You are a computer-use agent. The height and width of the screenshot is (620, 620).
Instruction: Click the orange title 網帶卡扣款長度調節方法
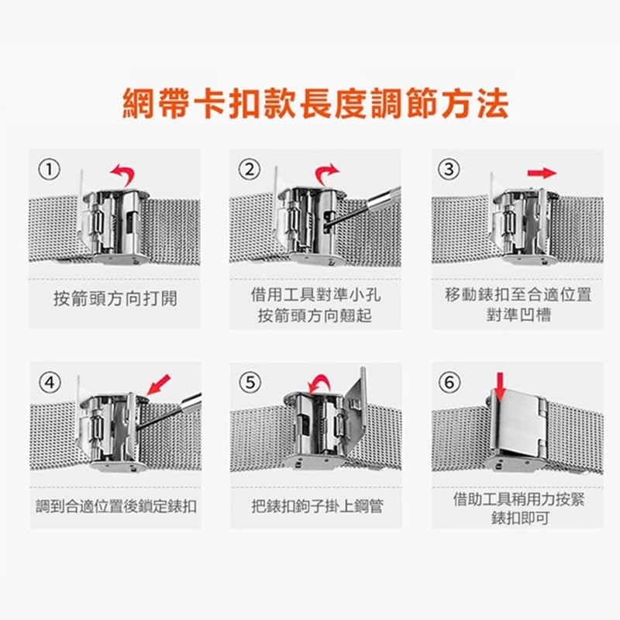[315, 104]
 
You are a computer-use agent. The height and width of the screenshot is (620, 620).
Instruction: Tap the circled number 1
[49, 170]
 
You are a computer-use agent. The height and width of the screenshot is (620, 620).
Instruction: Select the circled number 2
[250, 170]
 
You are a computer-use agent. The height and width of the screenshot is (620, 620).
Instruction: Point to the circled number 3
[449, 169]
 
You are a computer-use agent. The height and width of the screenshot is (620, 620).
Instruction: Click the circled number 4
[50, 382]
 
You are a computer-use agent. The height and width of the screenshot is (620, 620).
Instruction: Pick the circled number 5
[250, 382]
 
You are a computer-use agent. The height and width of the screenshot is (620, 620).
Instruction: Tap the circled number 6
[449, 382]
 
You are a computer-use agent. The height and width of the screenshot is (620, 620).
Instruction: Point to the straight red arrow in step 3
[542, 173]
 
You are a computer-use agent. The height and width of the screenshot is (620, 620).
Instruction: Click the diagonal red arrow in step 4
[158, 384]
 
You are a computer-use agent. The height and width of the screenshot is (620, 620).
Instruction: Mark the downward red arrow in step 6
[501, 386]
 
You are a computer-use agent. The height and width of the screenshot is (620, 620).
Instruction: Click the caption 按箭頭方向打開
[115, 298]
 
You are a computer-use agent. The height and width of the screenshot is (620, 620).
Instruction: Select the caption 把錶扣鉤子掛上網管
[318, 507]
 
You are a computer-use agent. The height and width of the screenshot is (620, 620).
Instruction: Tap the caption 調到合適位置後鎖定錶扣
[115, 507]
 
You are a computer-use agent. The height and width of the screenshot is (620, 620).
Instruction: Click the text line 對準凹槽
[518, 315]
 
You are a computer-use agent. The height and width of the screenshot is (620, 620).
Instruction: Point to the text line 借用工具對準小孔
[316, 294]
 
